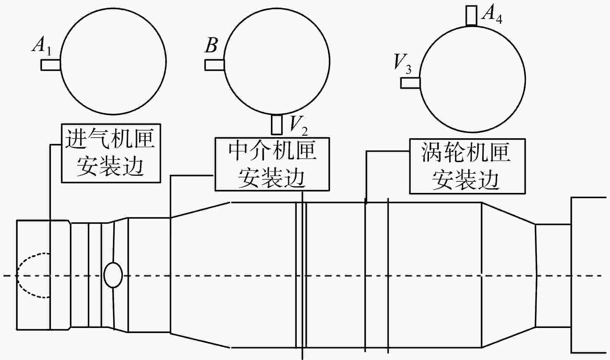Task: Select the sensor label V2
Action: pyautogui.click(x=298, y=126)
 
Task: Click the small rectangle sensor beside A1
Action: pyautogui.click(x=51, y=65)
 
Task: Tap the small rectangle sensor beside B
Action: pyautogui.click(x=215, y=65)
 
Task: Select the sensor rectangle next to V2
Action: pyautogui.click(x=277, y=125)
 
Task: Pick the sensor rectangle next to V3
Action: pyautogui.click(x=410, y=83)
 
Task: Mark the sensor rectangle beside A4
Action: pyautogui.click(x=471, y=16)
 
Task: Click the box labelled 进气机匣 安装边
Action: pyautogui.click(x=111, y=153)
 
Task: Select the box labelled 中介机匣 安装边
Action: pyautogui.click(x=272, y=164)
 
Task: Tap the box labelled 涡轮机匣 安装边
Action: pyautogui.click(x=467, y=166)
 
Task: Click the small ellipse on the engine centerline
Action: pyautogui.click(x=113, y=275)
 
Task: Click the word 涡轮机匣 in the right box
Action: pyautogui.click(x=465, y=153)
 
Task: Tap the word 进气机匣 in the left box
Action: pyautogui.click(x=110, y=138)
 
